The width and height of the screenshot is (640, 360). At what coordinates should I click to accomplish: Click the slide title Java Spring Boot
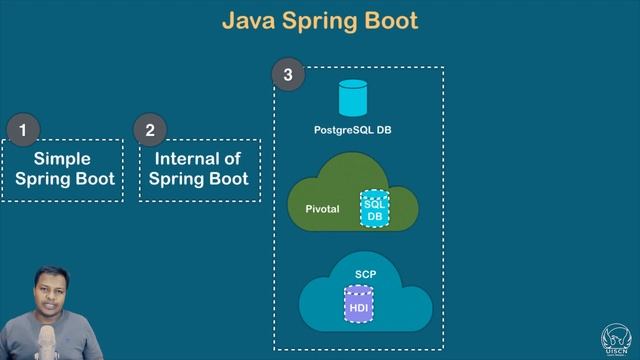click(x=320, y=20)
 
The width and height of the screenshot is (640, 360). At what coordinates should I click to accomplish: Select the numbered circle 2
click(x=150, y=130)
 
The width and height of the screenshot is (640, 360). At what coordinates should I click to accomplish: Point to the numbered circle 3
click(x=288, y=73)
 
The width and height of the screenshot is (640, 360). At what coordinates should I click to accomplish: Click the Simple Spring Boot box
click(x=63, y=169)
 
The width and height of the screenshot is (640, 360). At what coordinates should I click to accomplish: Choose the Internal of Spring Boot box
click(x=200, y=169)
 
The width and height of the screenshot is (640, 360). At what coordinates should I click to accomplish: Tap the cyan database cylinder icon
click(x=352, y=98)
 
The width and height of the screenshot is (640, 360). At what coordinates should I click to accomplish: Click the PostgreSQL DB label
click(x=352, y=131)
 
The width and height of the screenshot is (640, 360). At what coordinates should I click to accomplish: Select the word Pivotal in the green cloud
click(x=322, y=209)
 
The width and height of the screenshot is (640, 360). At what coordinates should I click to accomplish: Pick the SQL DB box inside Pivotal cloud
click(x=374, y=208)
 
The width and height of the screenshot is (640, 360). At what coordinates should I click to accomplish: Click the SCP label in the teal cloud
click(x=365, y=273)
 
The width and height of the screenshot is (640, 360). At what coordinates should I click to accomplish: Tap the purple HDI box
click(x=359, y=305)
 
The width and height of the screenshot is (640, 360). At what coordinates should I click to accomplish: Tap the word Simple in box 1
click(x=63, y=158)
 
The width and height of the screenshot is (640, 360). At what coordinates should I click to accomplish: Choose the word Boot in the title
click(x=389, y=20)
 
